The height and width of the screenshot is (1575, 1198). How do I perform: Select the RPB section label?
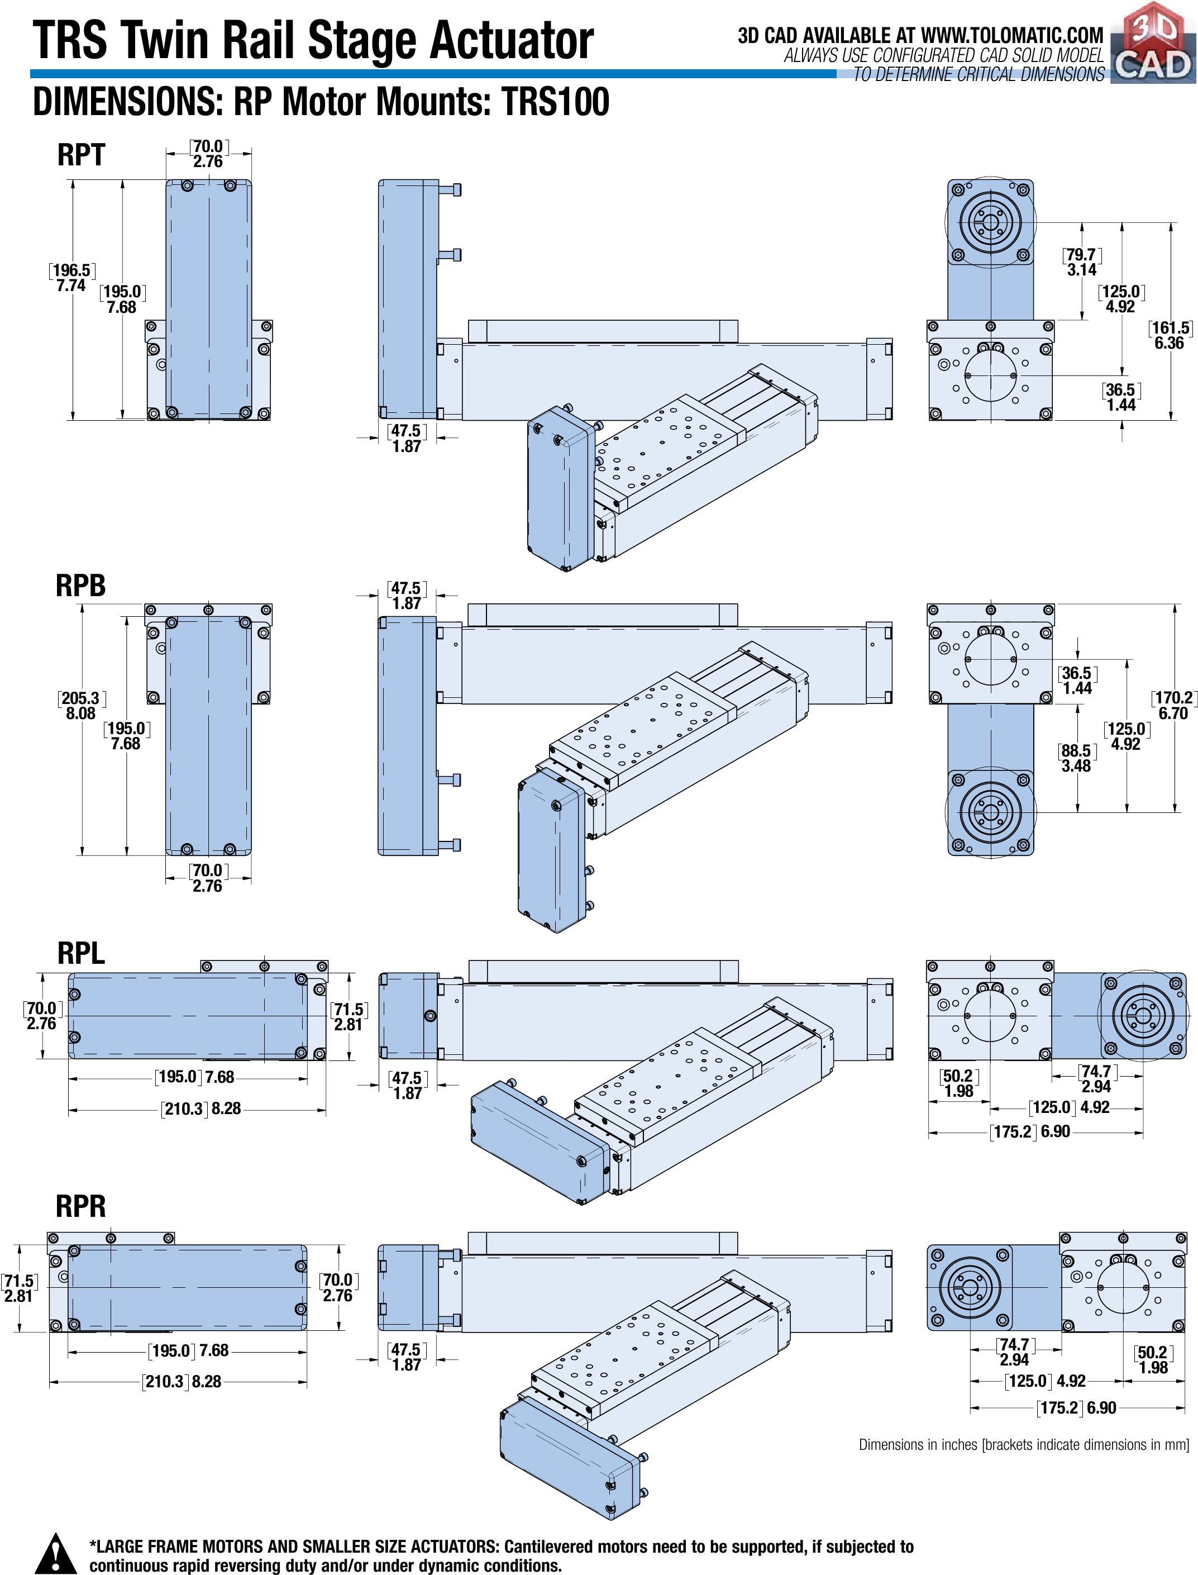80,586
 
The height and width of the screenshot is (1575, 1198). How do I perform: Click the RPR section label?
80,1206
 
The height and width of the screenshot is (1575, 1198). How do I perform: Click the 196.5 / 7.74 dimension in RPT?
72,278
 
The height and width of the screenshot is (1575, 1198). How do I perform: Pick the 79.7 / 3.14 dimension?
1082,262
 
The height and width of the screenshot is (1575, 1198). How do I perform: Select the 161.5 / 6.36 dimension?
1170,335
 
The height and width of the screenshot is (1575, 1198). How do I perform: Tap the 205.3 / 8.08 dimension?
80,706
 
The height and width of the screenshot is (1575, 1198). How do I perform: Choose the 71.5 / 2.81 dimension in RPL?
348,1016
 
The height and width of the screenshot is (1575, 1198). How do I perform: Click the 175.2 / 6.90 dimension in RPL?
1030,1131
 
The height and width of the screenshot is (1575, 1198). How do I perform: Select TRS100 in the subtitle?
556,101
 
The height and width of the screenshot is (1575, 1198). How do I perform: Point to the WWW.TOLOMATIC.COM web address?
1012,35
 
